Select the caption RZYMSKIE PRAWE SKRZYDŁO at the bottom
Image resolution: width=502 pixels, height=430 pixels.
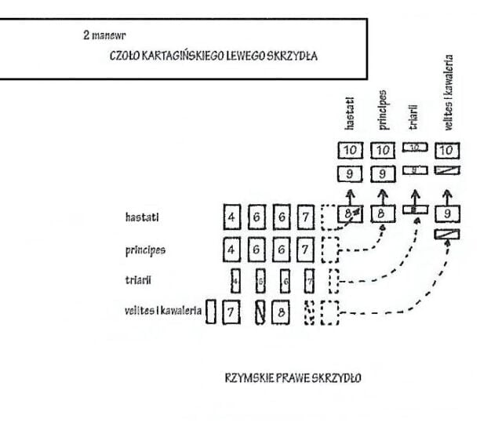[x=293, y=377]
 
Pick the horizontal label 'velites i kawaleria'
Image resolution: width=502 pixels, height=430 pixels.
[x=163, y=310]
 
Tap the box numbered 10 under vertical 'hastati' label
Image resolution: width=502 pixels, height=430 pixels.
[x=351, y=149]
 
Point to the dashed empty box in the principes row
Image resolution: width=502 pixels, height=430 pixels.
[x=329, y=250]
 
